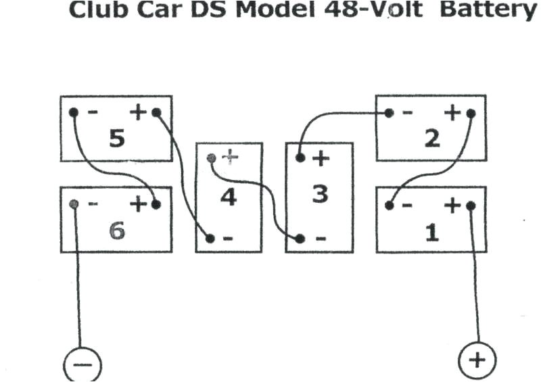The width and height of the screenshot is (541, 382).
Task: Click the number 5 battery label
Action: tap(116, 139)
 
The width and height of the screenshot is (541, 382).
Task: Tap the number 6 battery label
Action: tap(117, 231)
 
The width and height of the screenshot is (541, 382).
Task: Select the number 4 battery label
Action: tap(229, 197)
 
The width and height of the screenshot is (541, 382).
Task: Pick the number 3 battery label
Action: tap(319, 194)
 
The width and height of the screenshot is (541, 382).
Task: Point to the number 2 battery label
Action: tap(431, 139)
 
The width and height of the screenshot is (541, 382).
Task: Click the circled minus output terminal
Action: tap(83, 364)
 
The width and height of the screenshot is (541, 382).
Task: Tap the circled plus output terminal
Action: tap(477, 359)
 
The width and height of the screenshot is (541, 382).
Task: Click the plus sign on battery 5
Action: tap(139, 112)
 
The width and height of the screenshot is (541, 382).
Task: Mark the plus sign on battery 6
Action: tap(139, 204)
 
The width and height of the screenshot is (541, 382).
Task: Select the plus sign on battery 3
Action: tap(320, 160)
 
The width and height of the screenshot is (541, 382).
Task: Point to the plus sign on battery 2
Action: tap(452, 113)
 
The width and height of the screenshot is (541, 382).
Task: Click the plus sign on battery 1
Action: tap(452, 205)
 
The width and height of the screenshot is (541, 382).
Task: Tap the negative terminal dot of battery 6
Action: tap(74, 204)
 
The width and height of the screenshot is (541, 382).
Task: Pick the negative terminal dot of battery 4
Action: tap(210, 238)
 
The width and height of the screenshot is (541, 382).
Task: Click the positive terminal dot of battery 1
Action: tap(471, 206)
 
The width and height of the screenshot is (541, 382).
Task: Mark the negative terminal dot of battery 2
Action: tap(389, 113)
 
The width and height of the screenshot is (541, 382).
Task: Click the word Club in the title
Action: tap(94, 11)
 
